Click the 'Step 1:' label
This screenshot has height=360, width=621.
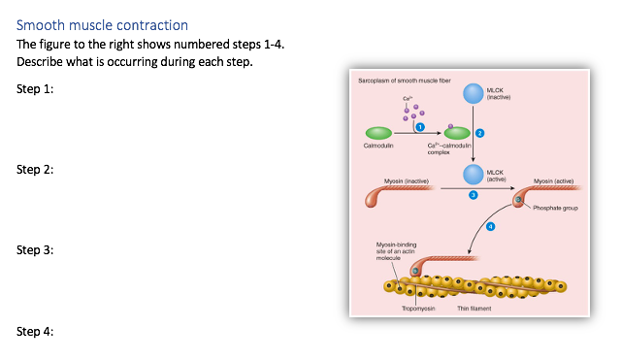pos(35,89)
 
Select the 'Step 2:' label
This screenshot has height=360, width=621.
pos(35,170)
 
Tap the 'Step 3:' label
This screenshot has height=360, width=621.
pos(35,250)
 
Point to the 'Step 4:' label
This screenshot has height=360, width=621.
pos(35,331)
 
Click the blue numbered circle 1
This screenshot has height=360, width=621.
pos(420,127)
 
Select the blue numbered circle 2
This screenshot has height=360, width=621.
pos(479,132)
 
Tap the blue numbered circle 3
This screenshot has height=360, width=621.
pos(474,195)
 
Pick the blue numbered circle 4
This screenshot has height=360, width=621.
pos(490,226)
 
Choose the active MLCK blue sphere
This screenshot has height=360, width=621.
pos(473,173)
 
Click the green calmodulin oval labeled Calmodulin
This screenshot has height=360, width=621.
pos(378,132)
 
